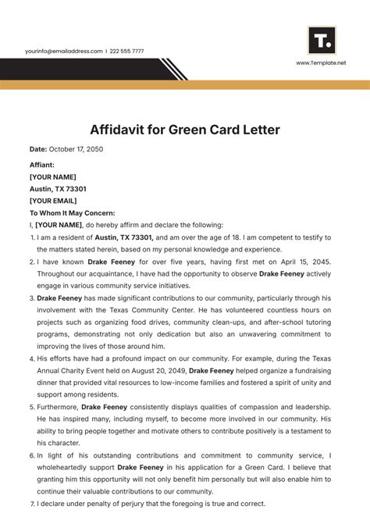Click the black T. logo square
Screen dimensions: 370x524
tap(322, 40)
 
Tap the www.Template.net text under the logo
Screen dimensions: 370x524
tap(321, 62)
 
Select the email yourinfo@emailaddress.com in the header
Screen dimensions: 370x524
tap(63, 51)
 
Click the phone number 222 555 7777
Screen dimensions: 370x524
tap(128, 51)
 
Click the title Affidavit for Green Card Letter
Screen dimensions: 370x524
tap(185, 129)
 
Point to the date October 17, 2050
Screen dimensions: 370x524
tap(76, 148)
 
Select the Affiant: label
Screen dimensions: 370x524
tap(42, 165)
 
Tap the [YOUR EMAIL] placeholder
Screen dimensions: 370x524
tap(57, 201)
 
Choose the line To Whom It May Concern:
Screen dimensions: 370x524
tap(72, 212)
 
